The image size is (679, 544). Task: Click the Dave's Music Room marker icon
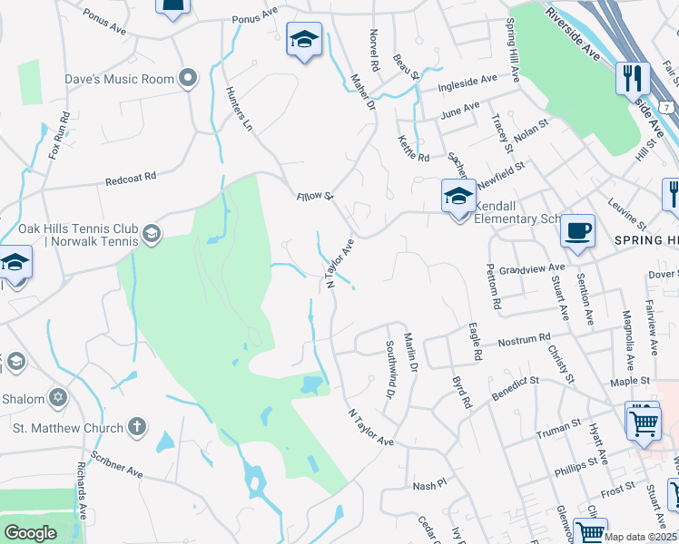[x=189, y=79]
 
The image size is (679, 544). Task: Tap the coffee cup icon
[x=577, y=230]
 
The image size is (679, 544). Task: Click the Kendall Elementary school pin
[x=458, y=197]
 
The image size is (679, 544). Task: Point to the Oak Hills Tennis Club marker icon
[x=151, y=236]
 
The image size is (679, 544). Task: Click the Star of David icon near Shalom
[x=59, y=397]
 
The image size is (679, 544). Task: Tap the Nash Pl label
[x=428, y=485]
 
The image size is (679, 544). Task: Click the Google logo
[x=30, y=533]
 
